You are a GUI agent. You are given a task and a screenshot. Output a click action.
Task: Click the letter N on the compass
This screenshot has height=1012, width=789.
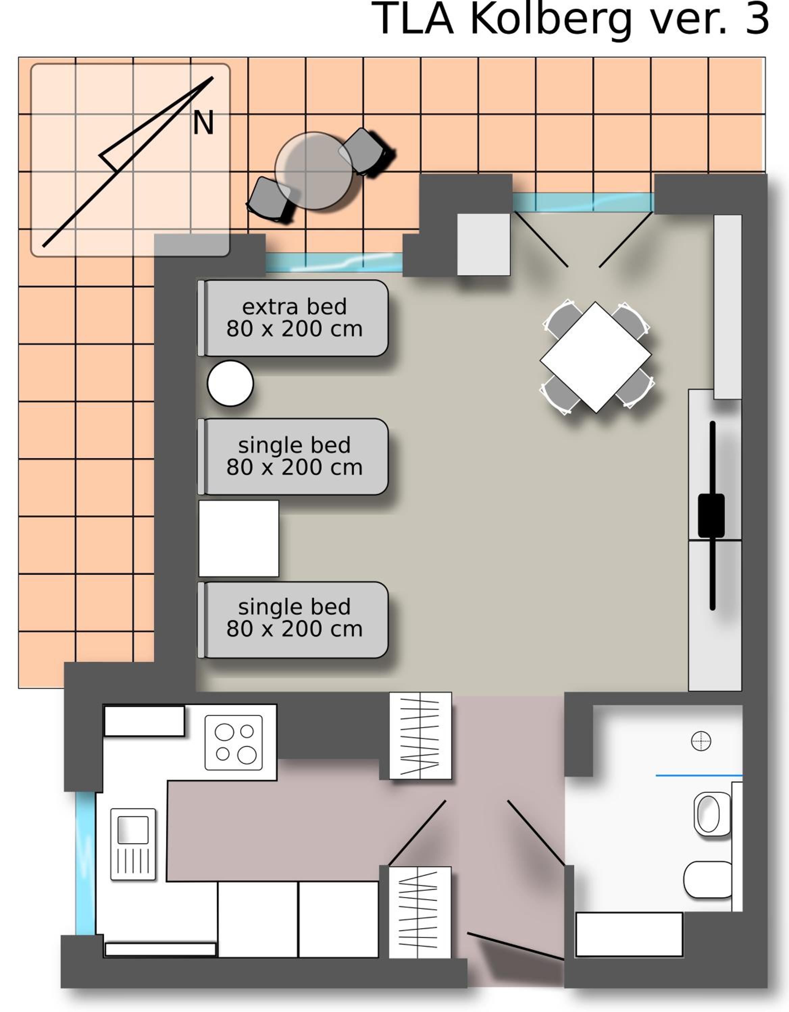203,123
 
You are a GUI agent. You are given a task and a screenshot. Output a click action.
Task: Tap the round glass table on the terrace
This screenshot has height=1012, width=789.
314,170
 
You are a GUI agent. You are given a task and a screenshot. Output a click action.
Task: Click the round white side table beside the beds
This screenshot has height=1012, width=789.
230,383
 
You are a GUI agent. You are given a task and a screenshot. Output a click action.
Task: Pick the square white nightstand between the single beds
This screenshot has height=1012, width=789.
239,538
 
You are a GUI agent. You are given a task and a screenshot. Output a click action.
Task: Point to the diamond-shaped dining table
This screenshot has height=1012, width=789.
595,357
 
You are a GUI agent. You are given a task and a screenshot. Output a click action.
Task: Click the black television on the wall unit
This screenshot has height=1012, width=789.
712,515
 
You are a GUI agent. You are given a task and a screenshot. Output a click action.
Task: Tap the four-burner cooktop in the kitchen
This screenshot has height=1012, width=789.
234,742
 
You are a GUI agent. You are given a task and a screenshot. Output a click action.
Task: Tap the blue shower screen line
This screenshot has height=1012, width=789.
699,775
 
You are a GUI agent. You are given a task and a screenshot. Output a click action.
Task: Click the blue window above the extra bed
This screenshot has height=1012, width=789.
334,262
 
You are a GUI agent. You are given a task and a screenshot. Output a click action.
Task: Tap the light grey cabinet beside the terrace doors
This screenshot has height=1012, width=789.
484,244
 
